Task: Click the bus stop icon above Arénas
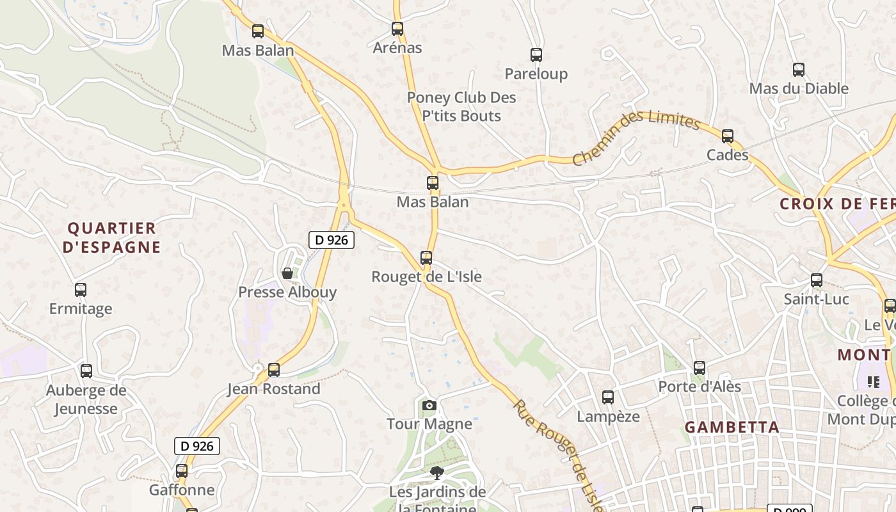tap(397, 29)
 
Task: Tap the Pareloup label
tap(536, 74)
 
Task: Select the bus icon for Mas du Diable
tap(799, 70)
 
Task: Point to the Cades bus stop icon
tap(728, 136)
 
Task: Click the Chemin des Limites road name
tap(636, 136)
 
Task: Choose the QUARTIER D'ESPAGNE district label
tap(112, 237)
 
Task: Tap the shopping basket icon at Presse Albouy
tap(287, 273)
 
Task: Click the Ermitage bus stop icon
tap(81, 290)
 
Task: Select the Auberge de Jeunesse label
tap(86, 399)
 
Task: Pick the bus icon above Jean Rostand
tap(274, 369)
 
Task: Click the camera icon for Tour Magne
tap(429, 405)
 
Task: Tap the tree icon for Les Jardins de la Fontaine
tap(438, 473)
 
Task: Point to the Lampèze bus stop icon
tap(608, 397)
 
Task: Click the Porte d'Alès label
tap(700, 387)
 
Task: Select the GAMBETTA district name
tap(732, 427)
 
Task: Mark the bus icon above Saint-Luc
tap(817, 280)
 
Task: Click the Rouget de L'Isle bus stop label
tap(426, 276)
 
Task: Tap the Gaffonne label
tap(182, 490)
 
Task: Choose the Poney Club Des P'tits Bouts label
tap(461, 107)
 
